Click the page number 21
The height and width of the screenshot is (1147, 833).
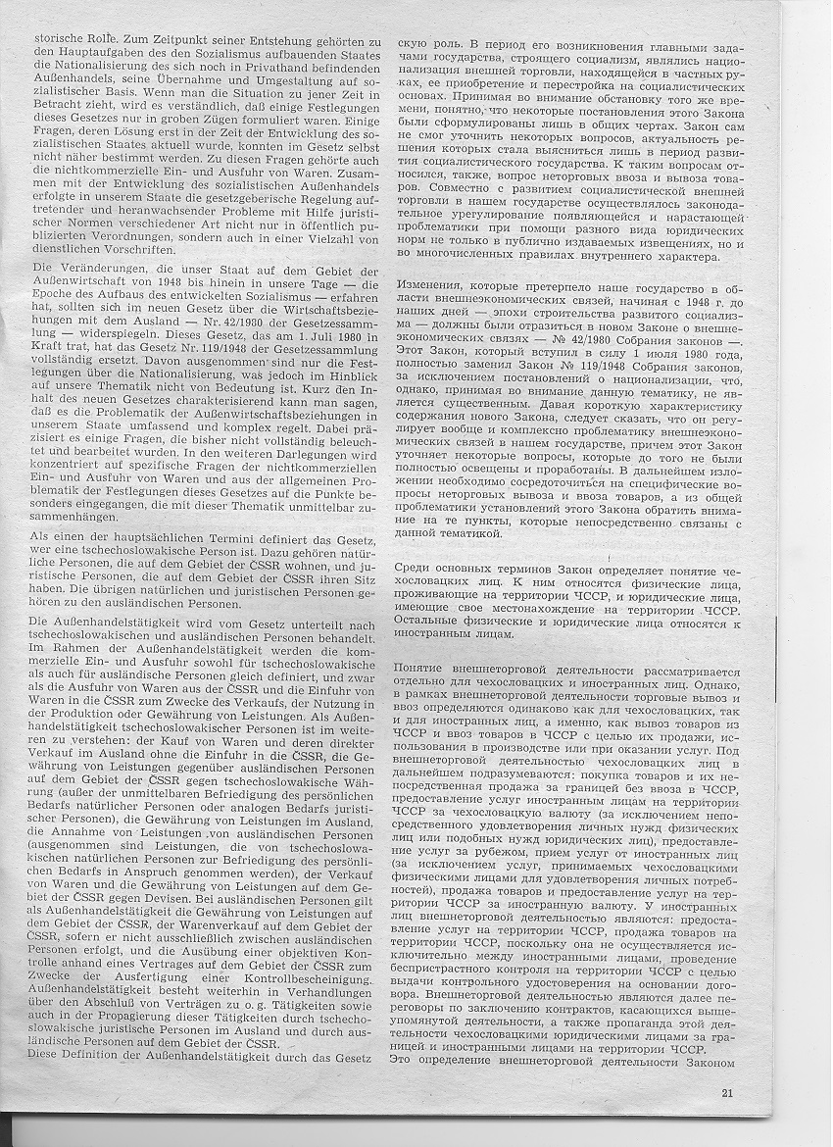726,1094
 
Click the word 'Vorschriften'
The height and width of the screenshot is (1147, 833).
122,249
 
